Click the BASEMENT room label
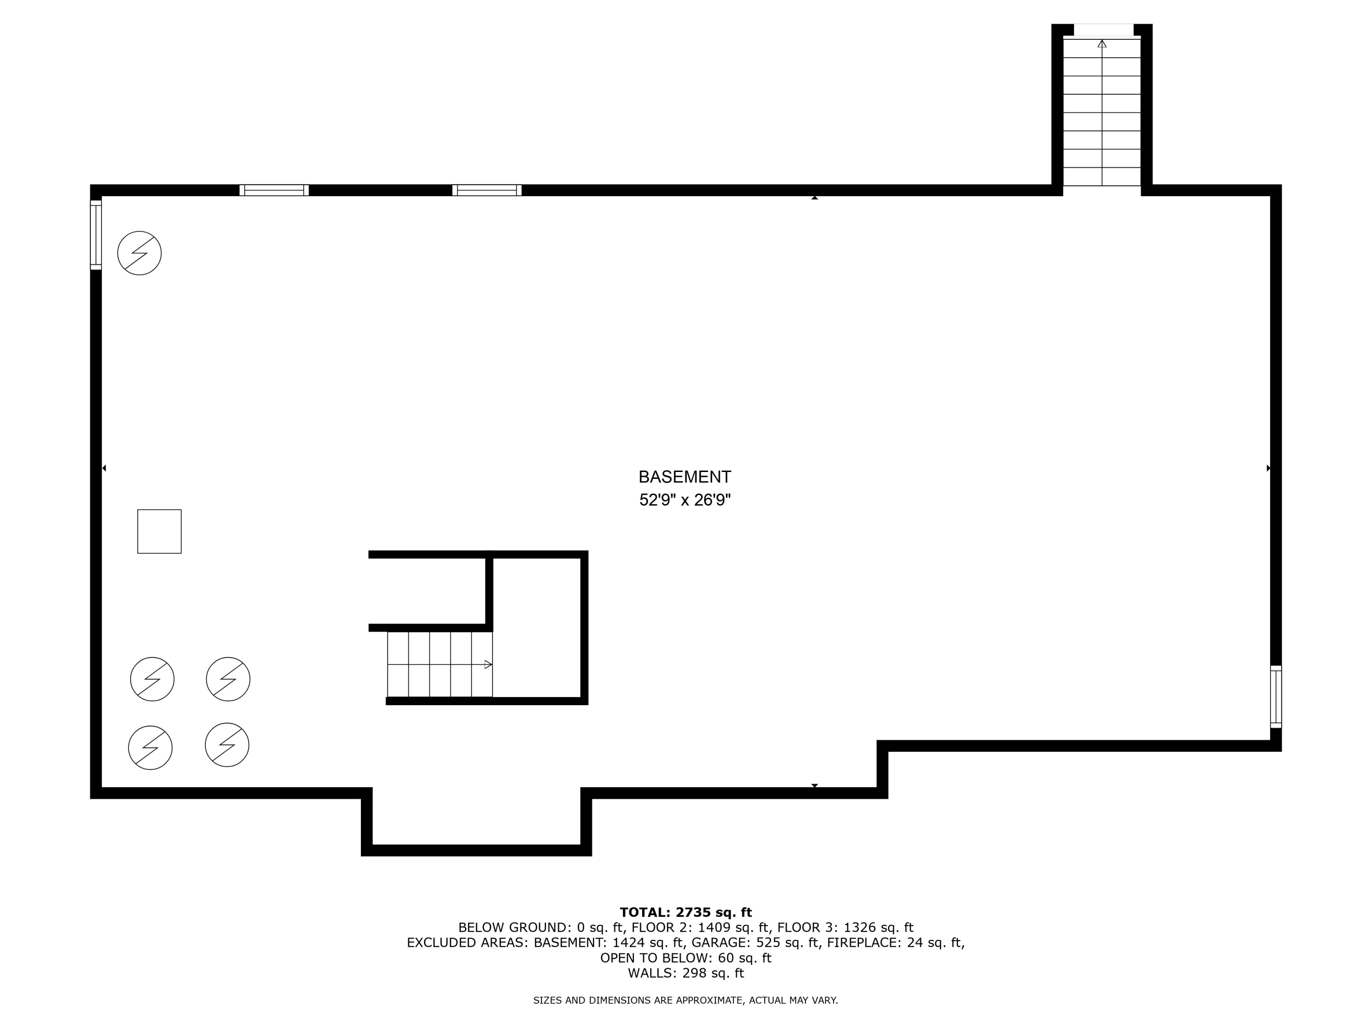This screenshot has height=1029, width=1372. click(x=685, y=477)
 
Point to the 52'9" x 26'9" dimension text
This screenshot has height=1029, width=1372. click(x=685, y=500)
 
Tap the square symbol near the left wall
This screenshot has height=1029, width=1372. click(x=160, y=531)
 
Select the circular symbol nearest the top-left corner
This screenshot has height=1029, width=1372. click(x=139, y=253)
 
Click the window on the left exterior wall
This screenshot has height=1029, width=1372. click(x=96, y=235)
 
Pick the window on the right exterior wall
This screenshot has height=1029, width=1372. click(x=1276, y=697)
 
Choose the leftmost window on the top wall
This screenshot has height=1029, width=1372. click(x=274, y=190)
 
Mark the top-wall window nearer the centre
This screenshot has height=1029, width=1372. click(x=487, y=190)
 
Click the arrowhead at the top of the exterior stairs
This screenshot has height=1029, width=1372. click(x=1102, y=44)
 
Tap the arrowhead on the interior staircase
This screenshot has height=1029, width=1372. click(x=488, y=665)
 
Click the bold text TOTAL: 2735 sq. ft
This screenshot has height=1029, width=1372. click(x=686, y=912)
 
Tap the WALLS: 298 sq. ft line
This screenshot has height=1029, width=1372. click(x=686, y=973)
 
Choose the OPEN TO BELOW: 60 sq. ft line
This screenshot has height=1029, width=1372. click(x=686, y=958)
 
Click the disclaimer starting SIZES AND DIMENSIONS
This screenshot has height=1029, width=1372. click(x=686, y=1001)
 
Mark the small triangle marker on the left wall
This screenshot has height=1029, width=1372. click(x=104, y=468)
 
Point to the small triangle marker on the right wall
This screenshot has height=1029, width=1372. click(x=1269, y=468)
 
